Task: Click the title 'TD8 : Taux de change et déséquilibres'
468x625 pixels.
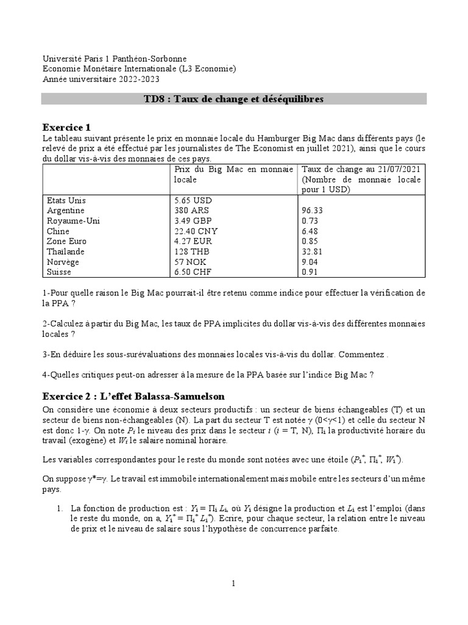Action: [x=233, y=99]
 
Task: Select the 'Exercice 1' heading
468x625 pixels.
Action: [x=66, y=128]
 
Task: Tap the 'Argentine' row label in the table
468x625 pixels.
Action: [x=66, y=211]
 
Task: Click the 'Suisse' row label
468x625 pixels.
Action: [x=59, y=272]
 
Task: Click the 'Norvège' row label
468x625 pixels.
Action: [x=63, y=262]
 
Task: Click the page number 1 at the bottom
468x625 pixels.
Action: [x=233, y=583]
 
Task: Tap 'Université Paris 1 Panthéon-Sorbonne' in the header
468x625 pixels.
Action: [x=115, y=59]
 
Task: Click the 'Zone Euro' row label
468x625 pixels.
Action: [x=66, y=242]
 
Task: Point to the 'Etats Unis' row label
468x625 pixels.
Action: [x=66, y=200]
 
